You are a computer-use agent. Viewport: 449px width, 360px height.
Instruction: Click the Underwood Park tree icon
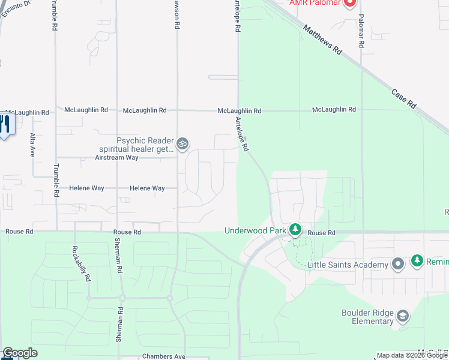[x=295, y=230]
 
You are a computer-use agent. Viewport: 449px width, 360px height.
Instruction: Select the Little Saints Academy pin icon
[x=397, y=264]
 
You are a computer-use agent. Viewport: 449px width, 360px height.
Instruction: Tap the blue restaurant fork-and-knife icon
[x=5, y=125]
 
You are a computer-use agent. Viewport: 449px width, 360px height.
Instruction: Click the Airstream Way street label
[x=116, y=158]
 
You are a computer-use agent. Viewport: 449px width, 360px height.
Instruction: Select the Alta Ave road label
[x=32, y=145]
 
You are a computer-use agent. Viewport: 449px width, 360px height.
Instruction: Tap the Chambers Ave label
[x=163, y=356]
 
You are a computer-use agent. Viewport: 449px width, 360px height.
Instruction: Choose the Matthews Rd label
[x=322, y=40]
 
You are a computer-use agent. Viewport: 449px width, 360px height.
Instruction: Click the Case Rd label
[x=404, y=99]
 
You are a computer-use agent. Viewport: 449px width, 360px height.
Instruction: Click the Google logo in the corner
[x=20, y=353]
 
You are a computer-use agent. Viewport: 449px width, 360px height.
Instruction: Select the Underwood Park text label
[x=255, y=230]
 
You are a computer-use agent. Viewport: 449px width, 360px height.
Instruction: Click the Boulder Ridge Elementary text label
[x=367, y=317]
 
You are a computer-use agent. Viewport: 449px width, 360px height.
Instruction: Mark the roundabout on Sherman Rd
[x=122, y=298]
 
